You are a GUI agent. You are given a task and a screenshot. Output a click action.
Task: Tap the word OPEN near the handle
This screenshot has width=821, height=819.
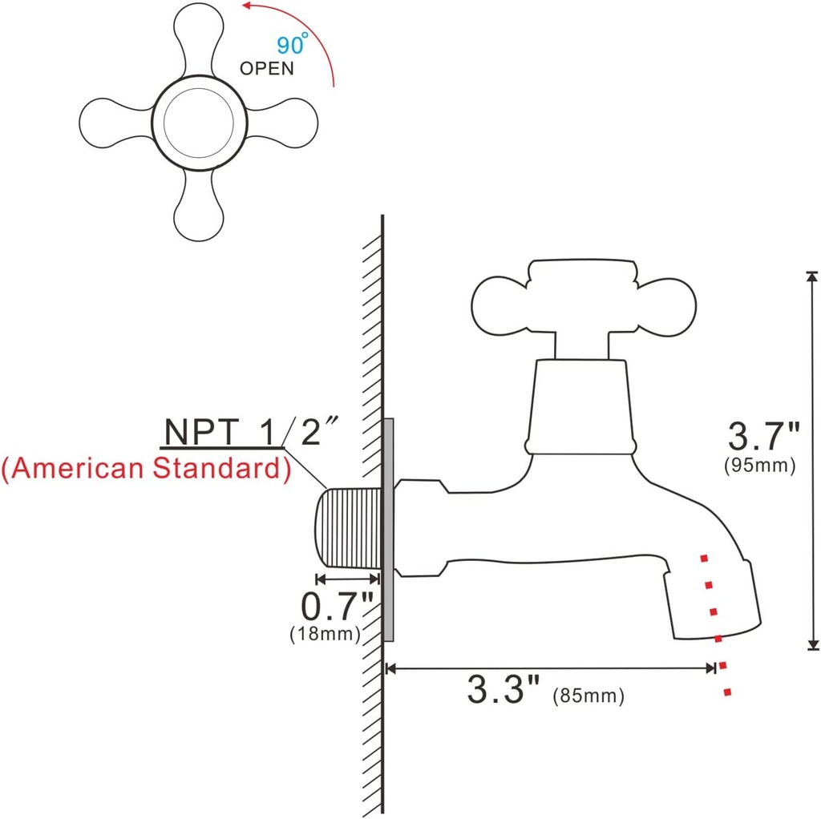[x=267, y=68]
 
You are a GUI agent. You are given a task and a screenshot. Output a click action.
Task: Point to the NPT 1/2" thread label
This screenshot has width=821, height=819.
[x=248, y=433]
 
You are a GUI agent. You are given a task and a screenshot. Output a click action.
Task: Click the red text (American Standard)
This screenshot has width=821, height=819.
[x=146, y=468]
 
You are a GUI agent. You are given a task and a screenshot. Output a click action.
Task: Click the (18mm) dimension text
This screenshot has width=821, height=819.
[x=325, y=633]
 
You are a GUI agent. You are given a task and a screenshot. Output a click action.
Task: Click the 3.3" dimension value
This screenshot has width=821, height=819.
[x=505, y=689]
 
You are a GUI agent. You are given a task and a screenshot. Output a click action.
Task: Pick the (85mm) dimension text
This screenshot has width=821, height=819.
[x=588, y=696]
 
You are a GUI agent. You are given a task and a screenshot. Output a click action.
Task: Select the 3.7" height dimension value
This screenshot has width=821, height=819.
[x=762, y=438]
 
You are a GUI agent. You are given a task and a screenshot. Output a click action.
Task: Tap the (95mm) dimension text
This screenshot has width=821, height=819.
[x=759, y=466]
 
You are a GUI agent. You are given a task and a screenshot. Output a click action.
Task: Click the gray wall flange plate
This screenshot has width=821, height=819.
[x=389, y=529]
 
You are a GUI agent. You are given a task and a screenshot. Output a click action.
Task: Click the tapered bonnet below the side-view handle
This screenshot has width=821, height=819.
[x=580, y=405]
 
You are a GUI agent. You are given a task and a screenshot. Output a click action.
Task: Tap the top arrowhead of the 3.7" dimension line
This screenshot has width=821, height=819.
[x=812, y=277]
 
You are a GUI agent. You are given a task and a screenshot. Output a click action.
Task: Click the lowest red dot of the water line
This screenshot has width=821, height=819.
[x=727, y=692]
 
